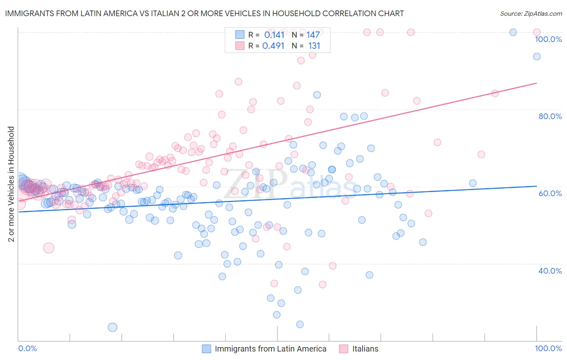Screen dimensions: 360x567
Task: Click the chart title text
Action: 204,14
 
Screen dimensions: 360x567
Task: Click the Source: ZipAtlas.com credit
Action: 531,14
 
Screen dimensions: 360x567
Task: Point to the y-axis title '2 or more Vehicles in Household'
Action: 11,184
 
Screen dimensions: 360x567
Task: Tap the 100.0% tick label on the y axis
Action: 548,39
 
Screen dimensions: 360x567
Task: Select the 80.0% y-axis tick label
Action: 550,116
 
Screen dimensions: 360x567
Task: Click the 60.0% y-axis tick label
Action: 550,193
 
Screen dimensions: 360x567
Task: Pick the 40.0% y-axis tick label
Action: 550,271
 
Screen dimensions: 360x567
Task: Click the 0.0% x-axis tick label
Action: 28,348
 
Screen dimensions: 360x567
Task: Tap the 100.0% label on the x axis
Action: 548,348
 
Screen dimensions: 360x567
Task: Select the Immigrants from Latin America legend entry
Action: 270,349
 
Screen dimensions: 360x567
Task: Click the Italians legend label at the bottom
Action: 365,349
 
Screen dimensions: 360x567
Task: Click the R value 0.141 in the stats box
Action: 274,35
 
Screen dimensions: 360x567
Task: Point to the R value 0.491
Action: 273,46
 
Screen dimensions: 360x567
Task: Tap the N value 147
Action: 313,35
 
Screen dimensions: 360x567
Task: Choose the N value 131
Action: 314,46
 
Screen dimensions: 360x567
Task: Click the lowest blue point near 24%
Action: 113,327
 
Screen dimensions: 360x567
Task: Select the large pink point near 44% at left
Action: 48,248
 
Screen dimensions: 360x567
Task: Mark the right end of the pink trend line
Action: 536,83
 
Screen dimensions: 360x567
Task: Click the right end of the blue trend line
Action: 536,186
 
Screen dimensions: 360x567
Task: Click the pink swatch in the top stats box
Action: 240,46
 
